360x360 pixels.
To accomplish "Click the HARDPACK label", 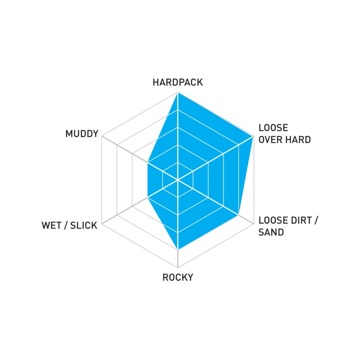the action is [178, 82].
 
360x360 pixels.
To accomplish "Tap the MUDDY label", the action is [82, 134].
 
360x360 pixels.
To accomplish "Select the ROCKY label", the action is [178, 277].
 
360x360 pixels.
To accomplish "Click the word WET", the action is [52, 225].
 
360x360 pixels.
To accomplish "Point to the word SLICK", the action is [84, 225].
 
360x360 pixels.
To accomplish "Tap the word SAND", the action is [271, 232].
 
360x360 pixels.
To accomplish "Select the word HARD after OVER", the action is [299, 139].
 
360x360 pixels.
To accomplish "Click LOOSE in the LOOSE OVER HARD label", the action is [273, 128].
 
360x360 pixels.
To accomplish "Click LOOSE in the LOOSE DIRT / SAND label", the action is [273, 220].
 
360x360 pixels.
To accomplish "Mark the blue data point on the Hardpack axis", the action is [178, 92].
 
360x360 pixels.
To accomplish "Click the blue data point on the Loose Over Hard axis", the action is [253, 136].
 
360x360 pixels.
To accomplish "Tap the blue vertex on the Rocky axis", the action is [178, 250].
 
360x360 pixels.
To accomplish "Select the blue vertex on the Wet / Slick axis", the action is [148, 198].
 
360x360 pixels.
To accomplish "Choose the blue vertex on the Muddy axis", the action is [148, 162].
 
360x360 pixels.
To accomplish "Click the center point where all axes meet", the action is [178, 180].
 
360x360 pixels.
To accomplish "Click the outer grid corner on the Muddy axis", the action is [102, 136].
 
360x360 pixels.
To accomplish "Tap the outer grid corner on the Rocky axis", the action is [178, 267].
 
